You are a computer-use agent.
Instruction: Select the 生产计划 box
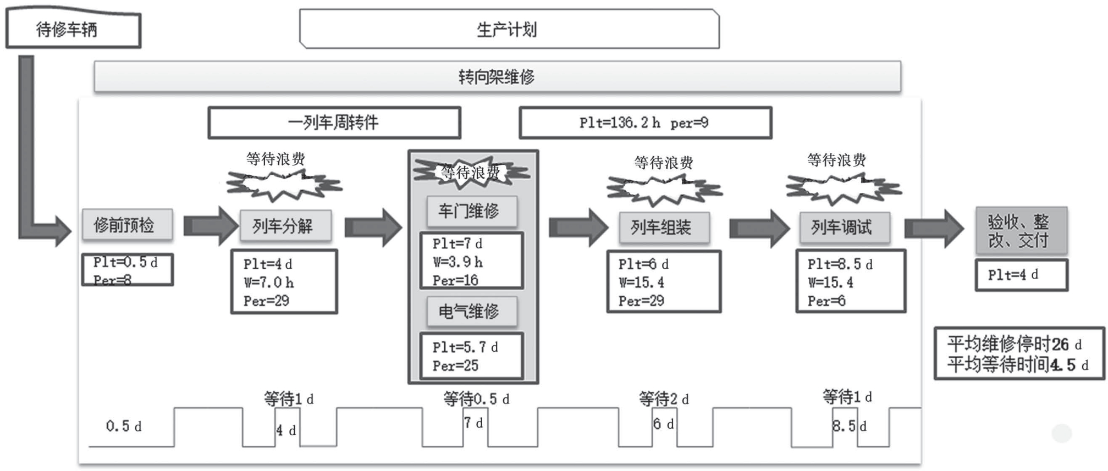[509, 29]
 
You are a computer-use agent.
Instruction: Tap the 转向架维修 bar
[497, 77]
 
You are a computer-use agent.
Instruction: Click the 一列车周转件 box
[334, 123]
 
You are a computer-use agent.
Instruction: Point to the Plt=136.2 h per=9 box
[645, 123]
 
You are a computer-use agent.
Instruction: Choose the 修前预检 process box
[127, 225]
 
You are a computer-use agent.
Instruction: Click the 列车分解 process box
[285, 226]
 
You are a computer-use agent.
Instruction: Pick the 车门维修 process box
[471, 211]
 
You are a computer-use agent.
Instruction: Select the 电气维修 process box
[471, 312]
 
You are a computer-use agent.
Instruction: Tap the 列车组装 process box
[664, 228]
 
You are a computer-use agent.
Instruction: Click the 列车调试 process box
[844, 228]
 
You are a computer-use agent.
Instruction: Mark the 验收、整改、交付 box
[1021, 231]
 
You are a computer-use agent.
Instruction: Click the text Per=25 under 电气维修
[455, 365]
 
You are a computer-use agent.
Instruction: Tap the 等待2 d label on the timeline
[663, 399]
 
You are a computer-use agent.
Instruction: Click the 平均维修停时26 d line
[1014, 345]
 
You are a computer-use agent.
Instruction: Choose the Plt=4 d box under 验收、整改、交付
[1021, 275]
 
